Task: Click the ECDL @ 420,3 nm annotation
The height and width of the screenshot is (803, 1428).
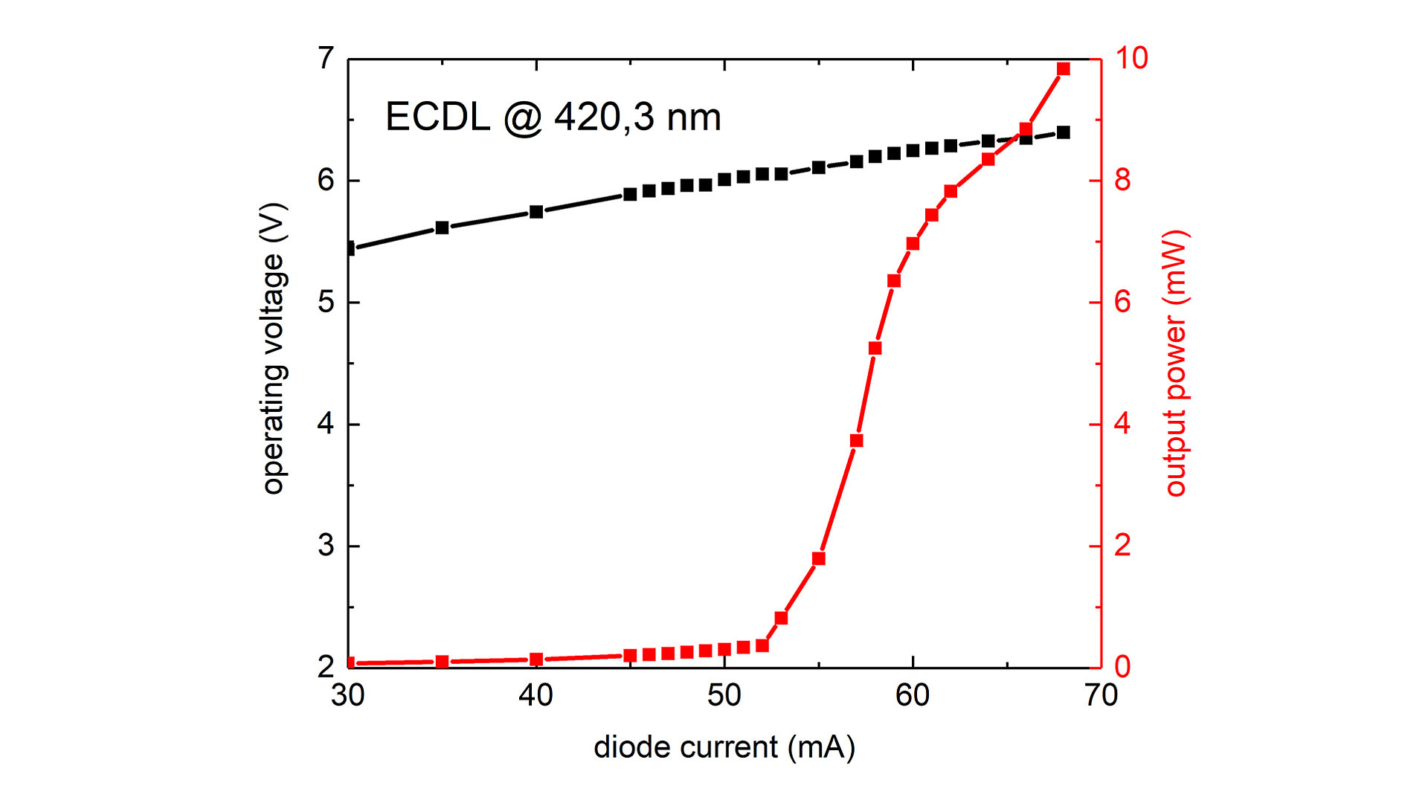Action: click(x=553, y=117)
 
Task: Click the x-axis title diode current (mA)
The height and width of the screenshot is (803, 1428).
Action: click(x=724, y=747)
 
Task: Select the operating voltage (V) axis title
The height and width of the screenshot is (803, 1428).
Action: click(x=274, y=348)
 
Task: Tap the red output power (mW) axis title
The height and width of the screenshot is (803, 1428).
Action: click(x=1176, y=363)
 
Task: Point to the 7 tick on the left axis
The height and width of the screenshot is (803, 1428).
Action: click(x=326, y=58)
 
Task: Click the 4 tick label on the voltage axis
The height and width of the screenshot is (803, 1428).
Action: click(x=326, y=424)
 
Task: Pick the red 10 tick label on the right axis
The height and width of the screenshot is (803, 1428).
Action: click(x=1130, y=58)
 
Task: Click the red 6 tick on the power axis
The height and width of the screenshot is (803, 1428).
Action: click(x=1122, y=302)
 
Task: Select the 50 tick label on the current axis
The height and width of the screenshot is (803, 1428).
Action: click(x=724, y=696)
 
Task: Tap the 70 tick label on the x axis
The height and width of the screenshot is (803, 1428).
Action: click(x=1101, y=696)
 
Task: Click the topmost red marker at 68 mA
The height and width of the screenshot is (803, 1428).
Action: click(x=1063, y=69)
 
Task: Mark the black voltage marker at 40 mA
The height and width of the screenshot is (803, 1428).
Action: click(x=536, y=212)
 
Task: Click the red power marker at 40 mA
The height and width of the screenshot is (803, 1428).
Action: click(x=536, y=660)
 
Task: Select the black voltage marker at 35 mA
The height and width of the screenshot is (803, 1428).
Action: click(x=442, y=228)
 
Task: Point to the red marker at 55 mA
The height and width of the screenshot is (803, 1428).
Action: click(x=818, y=558)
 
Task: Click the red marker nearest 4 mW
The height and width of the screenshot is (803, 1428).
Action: click(x=856, y=441)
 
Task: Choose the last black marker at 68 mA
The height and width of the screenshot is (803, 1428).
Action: click(x=1063, y=132)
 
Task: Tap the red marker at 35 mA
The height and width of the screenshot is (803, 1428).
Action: click(x=442, y=662)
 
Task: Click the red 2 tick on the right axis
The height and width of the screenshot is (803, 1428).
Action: click(x=1122, y=546)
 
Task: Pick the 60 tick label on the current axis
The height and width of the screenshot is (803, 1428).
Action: click(x=912, y=696)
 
